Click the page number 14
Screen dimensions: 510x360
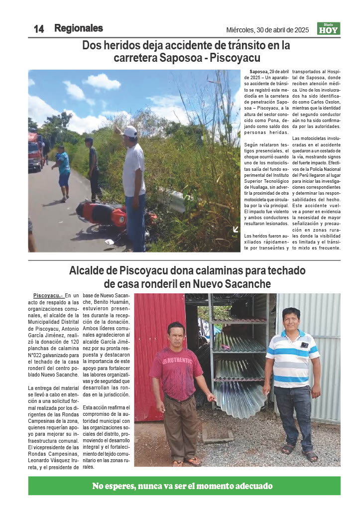pyautogui.click(x=39, y=29)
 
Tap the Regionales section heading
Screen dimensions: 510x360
pyautogui.click(x=79, y=28)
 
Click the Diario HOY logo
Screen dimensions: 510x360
pyautogui.click(x=329, y=29)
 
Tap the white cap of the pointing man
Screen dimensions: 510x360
pyautogui.click(x=129, y=131)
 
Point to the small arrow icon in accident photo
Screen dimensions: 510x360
pyautogui.click(x=236, y=229)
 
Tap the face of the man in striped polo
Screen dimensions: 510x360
pyautogui.click(x=291, y=320)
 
